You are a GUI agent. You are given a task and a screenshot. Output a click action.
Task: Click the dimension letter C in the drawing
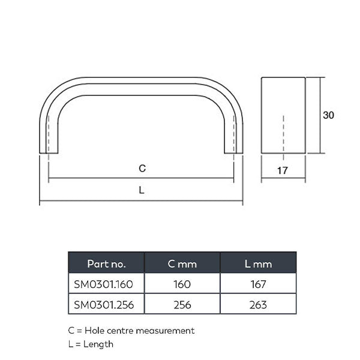[142, 169]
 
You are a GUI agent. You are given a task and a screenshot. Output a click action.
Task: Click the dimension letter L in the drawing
[142, 191]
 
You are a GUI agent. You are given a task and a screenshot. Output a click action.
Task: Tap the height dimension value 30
[328, 115]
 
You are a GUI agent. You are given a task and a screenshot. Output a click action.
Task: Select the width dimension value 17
[283, 171]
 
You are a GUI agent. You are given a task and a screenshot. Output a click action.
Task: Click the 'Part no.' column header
[106, 263]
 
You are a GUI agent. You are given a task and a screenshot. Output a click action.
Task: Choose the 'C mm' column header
[182, 263]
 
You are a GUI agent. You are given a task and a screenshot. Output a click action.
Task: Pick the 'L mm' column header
[258, 263]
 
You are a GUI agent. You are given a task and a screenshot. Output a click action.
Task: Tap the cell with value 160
[182, 284]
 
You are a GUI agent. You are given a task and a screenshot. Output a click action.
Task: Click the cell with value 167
[258, 284]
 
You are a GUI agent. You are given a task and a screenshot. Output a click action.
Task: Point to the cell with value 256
[182, 305]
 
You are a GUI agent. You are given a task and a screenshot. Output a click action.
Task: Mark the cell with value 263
[258, 305]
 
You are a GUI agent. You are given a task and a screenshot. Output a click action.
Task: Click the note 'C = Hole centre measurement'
[131, 331]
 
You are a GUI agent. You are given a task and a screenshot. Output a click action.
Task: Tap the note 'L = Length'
[91, 344]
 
